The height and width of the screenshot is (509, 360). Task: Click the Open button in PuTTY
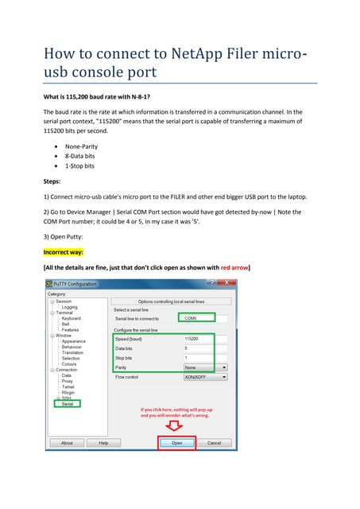click(176, 443)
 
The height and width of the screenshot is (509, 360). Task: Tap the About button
click(67, 443)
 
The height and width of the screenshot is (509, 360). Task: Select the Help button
click(103, 443)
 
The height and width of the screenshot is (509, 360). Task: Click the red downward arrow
click(176, 427)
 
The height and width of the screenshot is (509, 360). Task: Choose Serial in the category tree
click(67, 404)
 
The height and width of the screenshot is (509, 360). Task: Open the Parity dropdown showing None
click(204, 367)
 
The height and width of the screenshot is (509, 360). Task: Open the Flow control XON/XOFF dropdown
click(204, 377)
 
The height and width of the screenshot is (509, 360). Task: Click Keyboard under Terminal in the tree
click(71, 318)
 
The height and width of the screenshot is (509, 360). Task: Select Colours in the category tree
click(70, 363)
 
